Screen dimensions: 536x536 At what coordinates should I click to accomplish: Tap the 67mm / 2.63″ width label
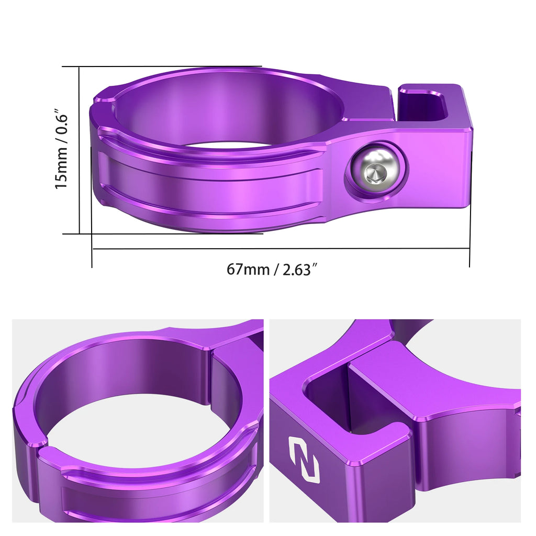[272, 270]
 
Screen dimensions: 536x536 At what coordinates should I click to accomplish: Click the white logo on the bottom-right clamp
[304, 460]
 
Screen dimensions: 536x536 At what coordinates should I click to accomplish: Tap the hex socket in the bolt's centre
[375, 173]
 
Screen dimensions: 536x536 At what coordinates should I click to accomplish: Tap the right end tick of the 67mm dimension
[470, 249]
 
